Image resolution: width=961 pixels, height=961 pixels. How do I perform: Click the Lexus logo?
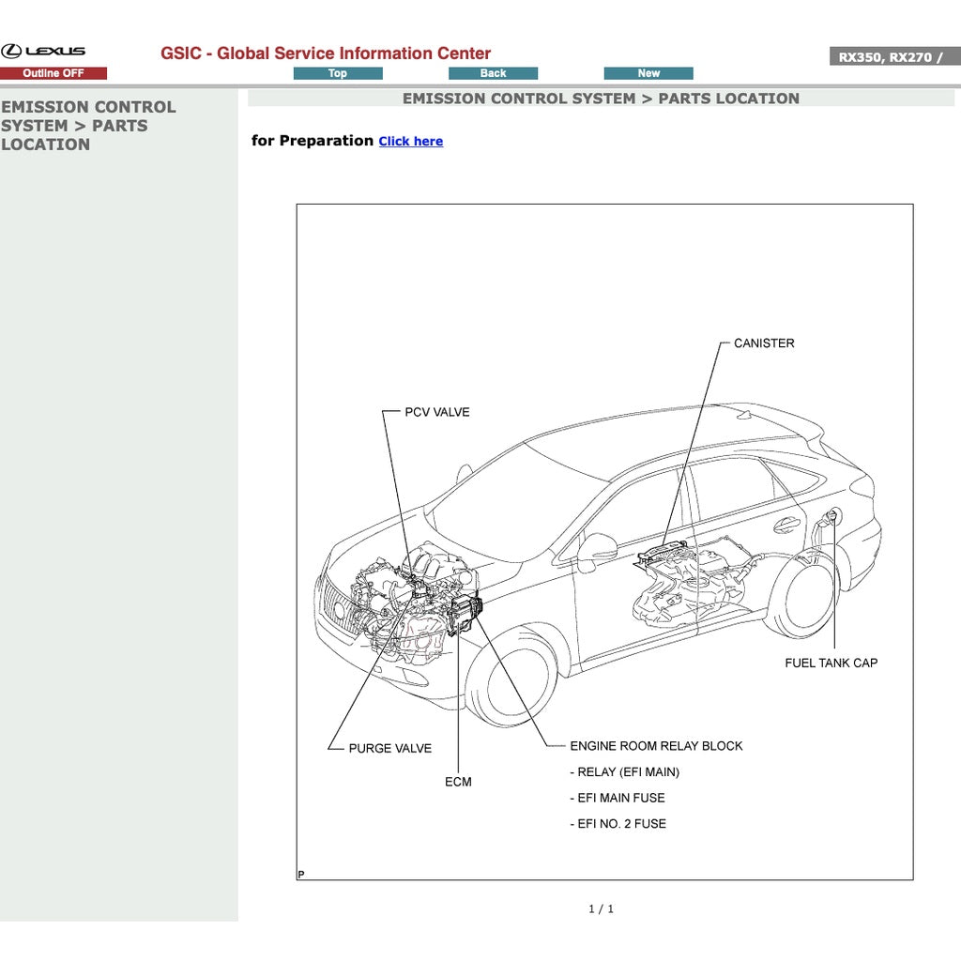coord(43,51)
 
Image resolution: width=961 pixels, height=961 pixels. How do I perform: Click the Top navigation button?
coord(338,73)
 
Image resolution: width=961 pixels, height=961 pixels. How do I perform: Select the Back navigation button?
coord(493,73)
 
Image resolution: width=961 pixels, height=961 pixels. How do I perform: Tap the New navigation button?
coord(648,73)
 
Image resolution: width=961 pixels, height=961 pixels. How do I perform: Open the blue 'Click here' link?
coord(410,142)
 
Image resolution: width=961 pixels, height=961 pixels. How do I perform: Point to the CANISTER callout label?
coord(763,343)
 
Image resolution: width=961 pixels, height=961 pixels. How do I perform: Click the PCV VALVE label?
coord(436,412)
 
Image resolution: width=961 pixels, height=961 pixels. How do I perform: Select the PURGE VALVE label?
coord(389,749)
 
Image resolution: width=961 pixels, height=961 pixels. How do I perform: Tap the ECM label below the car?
coord(458,782)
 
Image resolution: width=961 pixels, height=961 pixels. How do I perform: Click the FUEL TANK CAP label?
coord(831,663)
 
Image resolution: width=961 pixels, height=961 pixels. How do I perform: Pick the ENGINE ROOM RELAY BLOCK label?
coord(656,746)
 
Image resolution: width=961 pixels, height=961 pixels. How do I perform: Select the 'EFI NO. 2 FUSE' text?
coord(620,824)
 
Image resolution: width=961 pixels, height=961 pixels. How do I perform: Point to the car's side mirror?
coord(595,551)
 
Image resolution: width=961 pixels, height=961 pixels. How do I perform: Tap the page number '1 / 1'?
coord(601,908)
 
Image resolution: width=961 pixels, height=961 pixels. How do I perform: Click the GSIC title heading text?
coord(326,53)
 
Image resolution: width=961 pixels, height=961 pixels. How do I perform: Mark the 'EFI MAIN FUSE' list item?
coord(620,798)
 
